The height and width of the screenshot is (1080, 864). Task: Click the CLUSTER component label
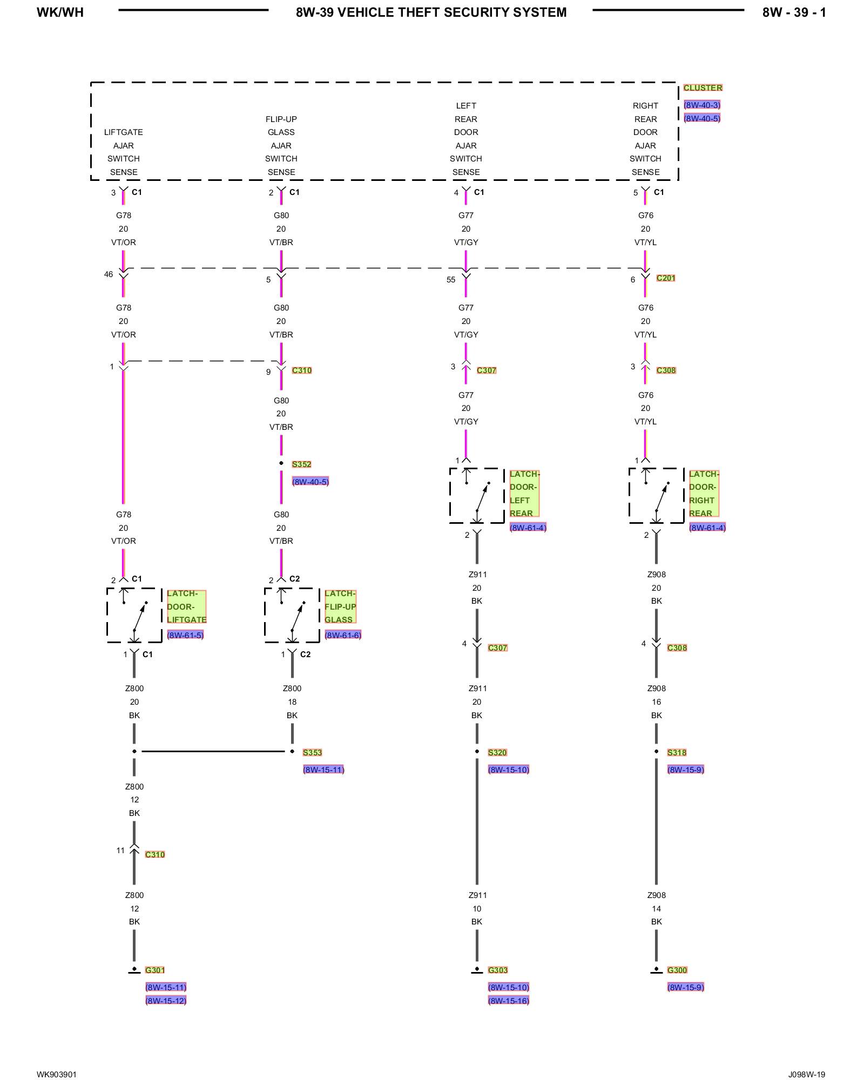click(x=703, y=87)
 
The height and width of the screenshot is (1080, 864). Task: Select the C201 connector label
click(x=666, y=278)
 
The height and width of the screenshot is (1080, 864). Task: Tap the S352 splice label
click(x=301, y=464)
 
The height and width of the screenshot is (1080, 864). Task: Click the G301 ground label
click(x=155, y=970)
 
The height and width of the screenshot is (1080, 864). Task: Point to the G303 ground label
click(x=497, y=970)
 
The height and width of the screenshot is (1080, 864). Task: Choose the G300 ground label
click(x=677, y=970)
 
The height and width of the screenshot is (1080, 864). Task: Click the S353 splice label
click(x=312, y=752)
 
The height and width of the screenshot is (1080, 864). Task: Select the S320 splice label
click(x=497, y=752)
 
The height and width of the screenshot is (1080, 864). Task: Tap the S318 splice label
click(x=677, y=752)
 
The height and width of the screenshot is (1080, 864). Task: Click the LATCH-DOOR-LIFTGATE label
click(x=186, y=606)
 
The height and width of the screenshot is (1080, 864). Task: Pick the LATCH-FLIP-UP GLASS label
click(x=340, y=606)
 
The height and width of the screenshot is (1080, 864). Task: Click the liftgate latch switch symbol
click(x=134, y=616)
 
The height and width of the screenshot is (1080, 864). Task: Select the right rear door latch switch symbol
click(x=656, y=496)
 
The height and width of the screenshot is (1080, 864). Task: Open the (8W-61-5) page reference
click(x=185, y=635)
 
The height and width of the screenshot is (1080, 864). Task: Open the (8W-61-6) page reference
click(x=343, y=635)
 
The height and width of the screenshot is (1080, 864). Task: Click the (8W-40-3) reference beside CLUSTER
click(x=702, y=105)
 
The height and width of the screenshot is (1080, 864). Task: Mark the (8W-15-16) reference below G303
click(x=509, y=1001)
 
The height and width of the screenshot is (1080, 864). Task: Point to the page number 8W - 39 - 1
click(x=794, y=12)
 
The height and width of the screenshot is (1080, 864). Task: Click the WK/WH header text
click(x=60, y=12)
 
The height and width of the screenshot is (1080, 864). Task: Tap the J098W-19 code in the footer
click(x=806, y=1074)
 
